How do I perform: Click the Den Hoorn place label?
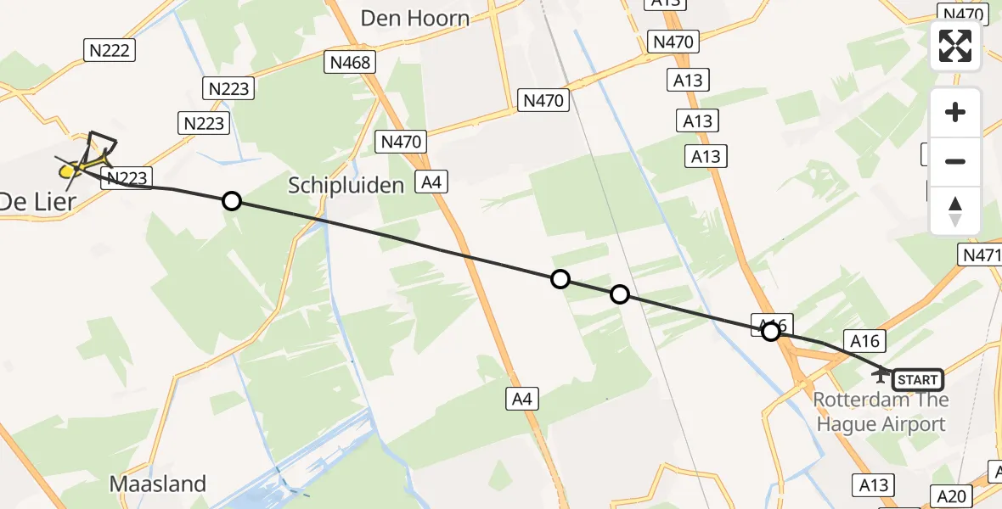(415, 18)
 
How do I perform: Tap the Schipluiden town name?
(346, 185)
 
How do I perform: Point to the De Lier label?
(36, 202)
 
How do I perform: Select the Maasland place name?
(158, 484)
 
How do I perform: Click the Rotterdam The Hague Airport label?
(881, 411)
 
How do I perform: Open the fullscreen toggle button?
(955, 46)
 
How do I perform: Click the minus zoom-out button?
(955, 161)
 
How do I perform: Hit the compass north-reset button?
(955, 211)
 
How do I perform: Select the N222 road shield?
(110, 51)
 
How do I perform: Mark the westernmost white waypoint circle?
(231, 201)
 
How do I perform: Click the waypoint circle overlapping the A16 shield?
(771, 332)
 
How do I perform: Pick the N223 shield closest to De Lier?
(127, 177)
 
